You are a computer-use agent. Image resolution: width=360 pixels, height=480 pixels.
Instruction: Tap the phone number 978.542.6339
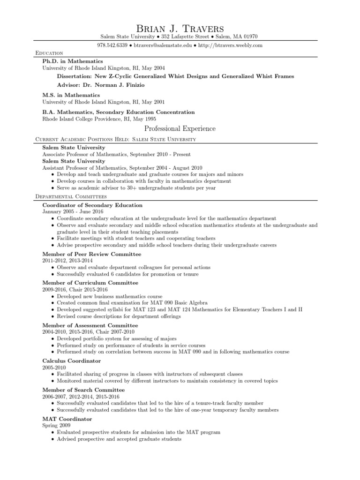point(112,45)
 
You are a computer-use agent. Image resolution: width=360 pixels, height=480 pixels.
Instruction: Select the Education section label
point(49,53)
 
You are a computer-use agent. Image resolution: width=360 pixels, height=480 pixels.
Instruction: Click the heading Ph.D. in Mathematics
point(73,61)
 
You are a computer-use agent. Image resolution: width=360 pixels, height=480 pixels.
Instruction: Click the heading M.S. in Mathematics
point(71,95)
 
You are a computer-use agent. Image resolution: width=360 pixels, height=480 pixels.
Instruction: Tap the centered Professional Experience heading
point(180,128)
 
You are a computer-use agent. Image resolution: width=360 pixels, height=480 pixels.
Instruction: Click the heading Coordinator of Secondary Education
point(92,205)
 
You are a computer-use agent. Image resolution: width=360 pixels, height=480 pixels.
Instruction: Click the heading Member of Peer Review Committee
point(91,254)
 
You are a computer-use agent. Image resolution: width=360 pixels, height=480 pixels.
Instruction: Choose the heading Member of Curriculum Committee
point(90,283)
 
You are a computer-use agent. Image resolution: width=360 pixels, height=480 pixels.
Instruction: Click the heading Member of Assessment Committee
point(90,325)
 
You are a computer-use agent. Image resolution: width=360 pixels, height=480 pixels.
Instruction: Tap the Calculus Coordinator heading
point(71,361)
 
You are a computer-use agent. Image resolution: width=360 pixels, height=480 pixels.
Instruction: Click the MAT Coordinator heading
point(67,419)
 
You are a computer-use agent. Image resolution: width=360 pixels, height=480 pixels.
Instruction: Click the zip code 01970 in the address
point(249,37)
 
